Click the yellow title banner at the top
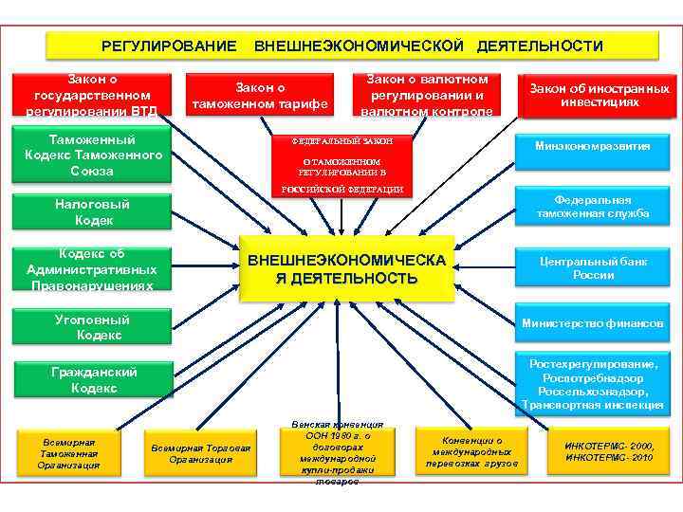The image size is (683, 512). [x=352, y=46]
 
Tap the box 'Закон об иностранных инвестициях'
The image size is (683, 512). [x=599, y=95]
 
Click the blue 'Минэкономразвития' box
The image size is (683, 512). [x=592, y=147]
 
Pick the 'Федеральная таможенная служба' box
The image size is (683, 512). [x=592, y=207]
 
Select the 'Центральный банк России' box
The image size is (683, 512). [x=592, y=267]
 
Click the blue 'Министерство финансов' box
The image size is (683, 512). [x=592, y=324]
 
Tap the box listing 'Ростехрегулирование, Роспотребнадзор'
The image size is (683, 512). [x=592, y=384]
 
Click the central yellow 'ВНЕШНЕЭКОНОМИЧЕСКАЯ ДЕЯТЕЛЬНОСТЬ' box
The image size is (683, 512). [x=346, y=269]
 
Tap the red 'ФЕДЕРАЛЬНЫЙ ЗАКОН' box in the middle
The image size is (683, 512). [x=341, y=165]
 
